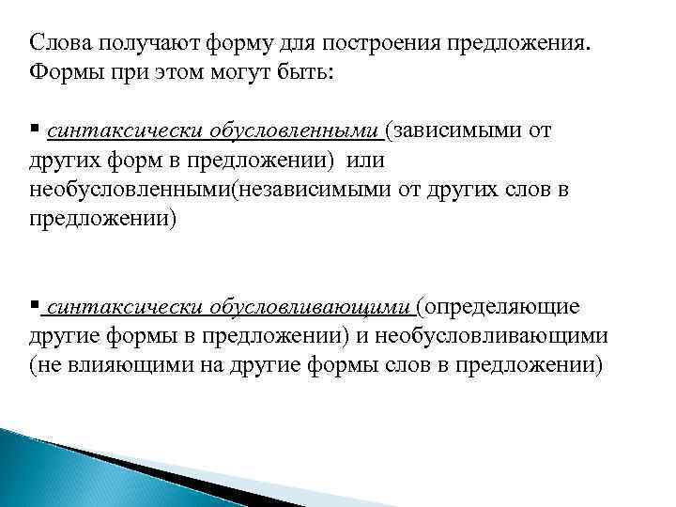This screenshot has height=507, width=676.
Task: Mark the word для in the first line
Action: (x=283, y=43)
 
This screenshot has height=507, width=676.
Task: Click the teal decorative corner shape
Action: (x=56, y=469)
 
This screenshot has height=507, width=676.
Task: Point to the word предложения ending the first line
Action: (x=530, y=44)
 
